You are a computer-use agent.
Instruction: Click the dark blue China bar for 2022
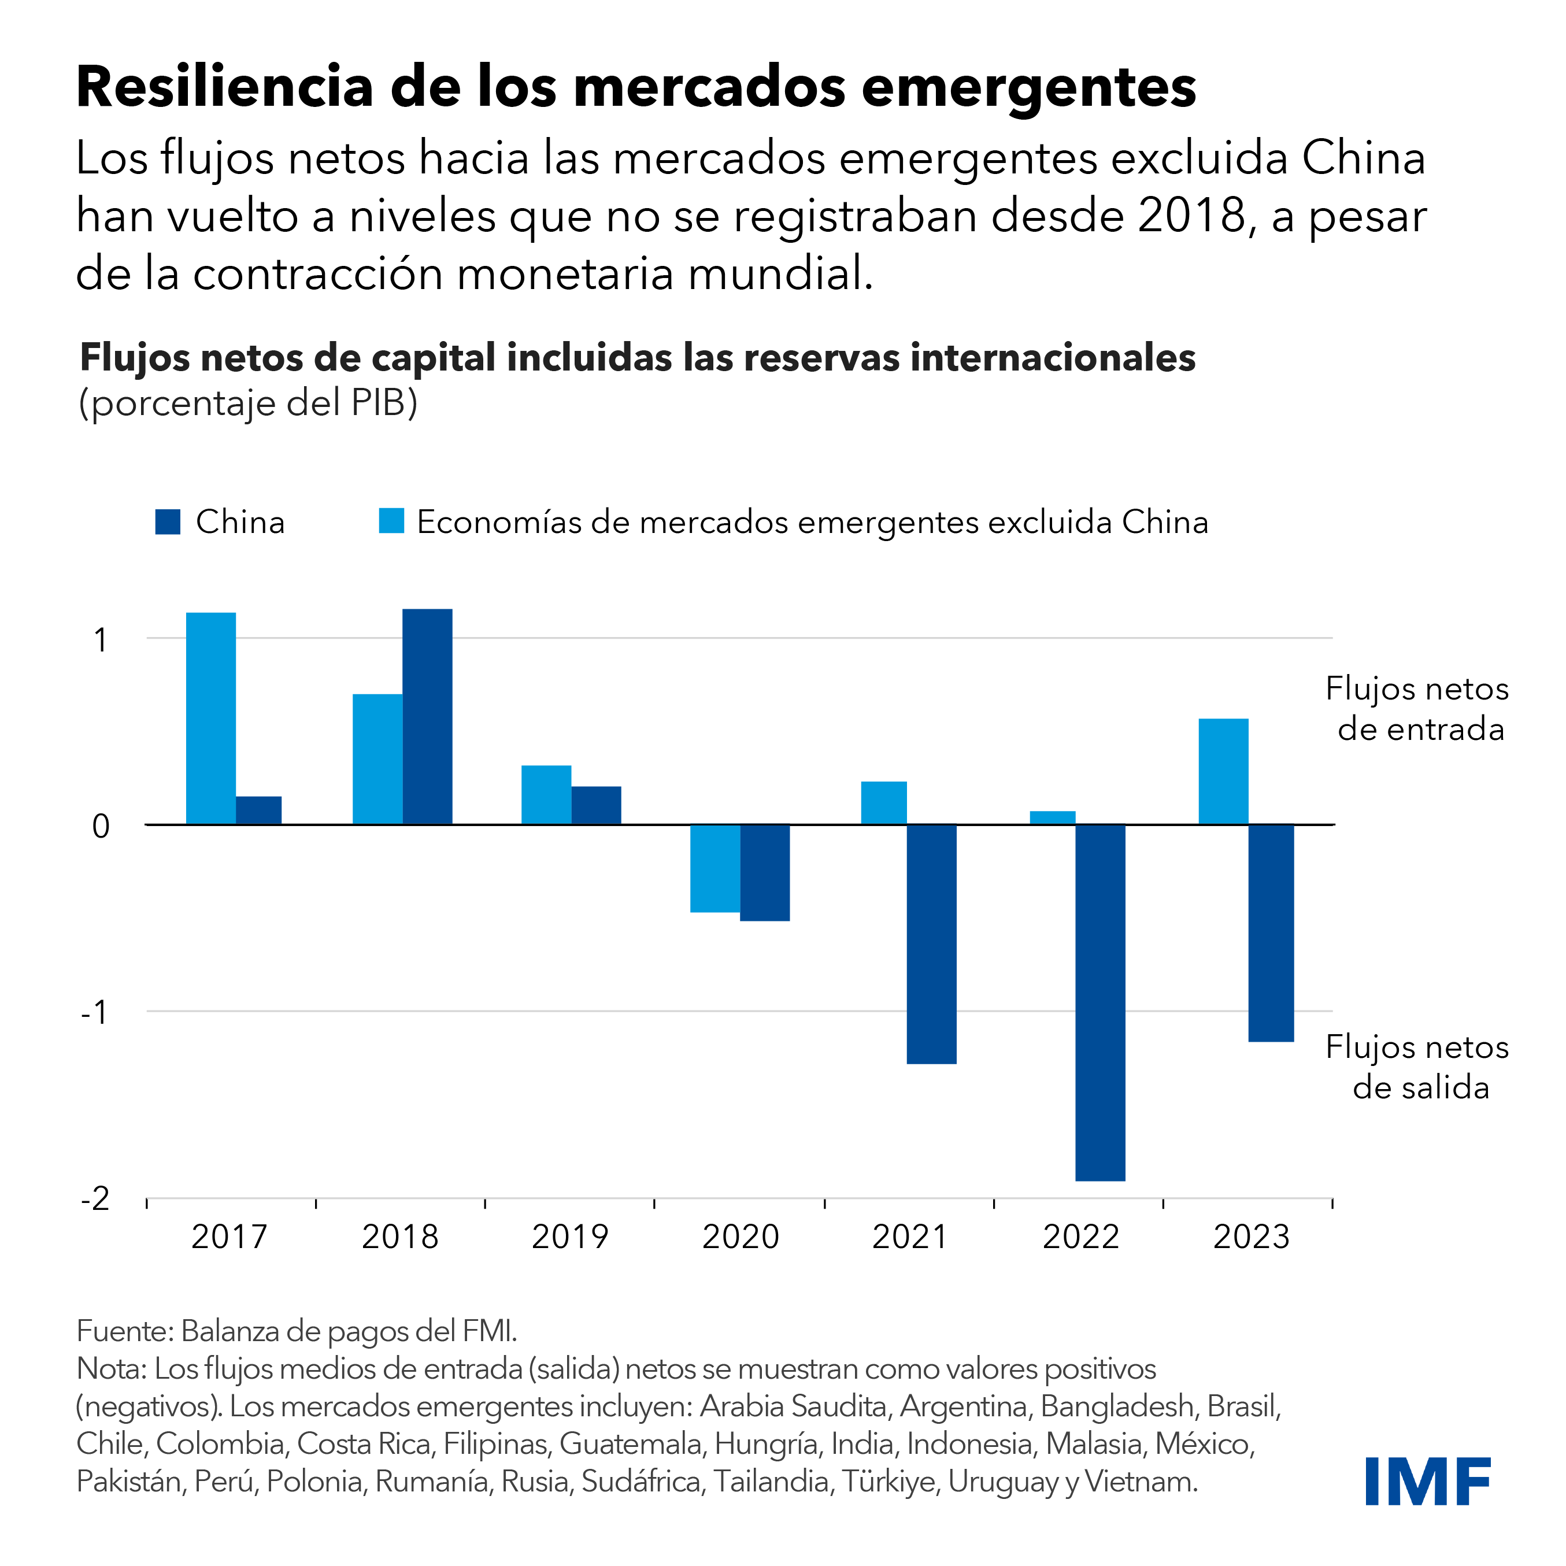tap(1100, 1002)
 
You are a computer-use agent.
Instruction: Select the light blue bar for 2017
tap(211, 718)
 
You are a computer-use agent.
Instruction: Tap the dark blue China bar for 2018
tap(427, 717)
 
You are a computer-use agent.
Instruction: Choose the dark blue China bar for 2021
tap(931, 943)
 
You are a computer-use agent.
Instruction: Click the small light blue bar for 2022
tap(1052, 817)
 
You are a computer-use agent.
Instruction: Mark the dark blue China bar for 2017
tap(258, 810)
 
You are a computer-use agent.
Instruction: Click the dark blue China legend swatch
tap(168, 522)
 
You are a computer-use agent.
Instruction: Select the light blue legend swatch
tap(391, 521)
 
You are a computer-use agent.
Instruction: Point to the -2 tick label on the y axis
tap(95, 1198)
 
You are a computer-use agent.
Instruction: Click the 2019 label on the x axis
tap(570, 1237)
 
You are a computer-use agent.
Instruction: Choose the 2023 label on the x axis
tap(1251, 1237)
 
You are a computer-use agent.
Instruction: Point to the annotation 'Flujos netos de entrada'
tap(1417, 709)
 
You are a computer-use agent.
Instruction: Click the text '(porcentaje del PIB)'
tap(248, 403)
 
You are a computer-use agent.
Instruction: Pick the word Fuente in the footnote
tap(121, 1330)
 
